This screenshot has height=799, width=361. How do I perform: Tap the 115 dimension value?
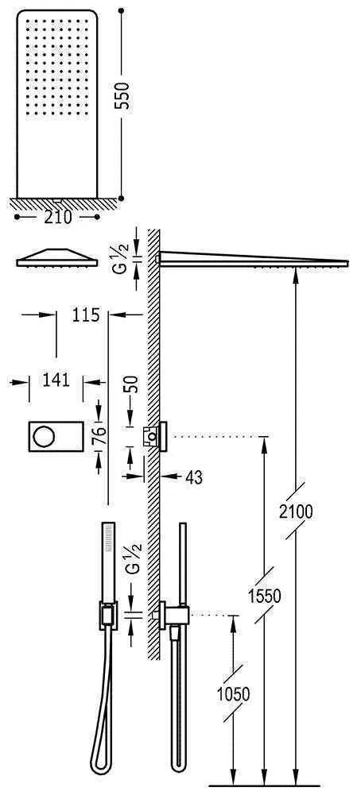point(85,315)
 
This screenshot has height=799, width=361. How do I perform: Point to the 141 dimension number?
point(55,380)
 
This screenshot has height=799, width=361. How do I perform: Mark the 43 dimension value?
point(192,477)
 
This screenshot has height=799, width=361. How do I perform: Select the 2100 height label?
point(297,512)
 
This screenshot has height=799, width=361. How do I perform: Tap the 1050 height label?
point(232,693)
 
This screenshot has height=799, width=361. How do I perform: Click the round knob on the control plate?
point(45,435)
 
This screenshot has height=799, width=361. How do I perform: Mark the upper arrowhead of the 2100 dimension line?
point(296,274)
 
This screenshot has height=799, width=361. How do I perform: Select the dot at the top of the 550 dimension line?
point(121,11)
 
